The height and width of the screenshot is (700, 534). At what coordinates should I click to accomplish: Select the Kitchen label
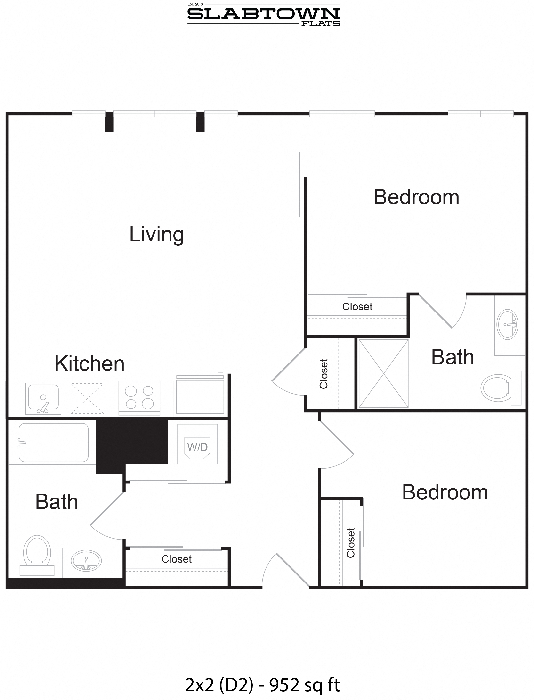(x=89, y=363)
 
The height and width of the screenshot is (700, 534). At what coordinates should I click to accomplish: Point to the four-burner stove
(x=139, y=397)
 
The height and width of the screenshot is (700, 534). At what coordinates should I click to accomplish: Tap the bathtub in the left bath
(x=53, y=442)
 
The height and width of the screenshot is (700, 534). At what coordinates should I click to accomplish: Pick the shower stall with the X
(x=383, y=373)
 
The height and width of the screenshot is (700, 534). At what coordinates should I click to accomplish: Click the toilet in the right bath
(x=499, y=388)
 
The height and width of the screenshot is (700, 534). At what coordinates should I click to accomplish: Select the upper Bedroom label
(x=416, y=197)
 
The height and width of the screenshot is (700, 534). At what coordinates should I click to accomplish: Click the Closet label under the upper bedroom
(x=357, y=307)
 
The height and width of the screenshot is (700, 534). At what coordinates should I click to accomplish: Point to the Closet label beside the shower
(x=324, y=374)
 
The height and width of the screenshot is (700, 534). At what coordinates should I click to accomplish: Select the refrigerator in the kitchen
(x=200, y=396)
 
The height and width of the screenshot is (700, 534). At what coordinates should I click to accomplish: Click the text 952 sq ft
(x=305, y=685)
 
